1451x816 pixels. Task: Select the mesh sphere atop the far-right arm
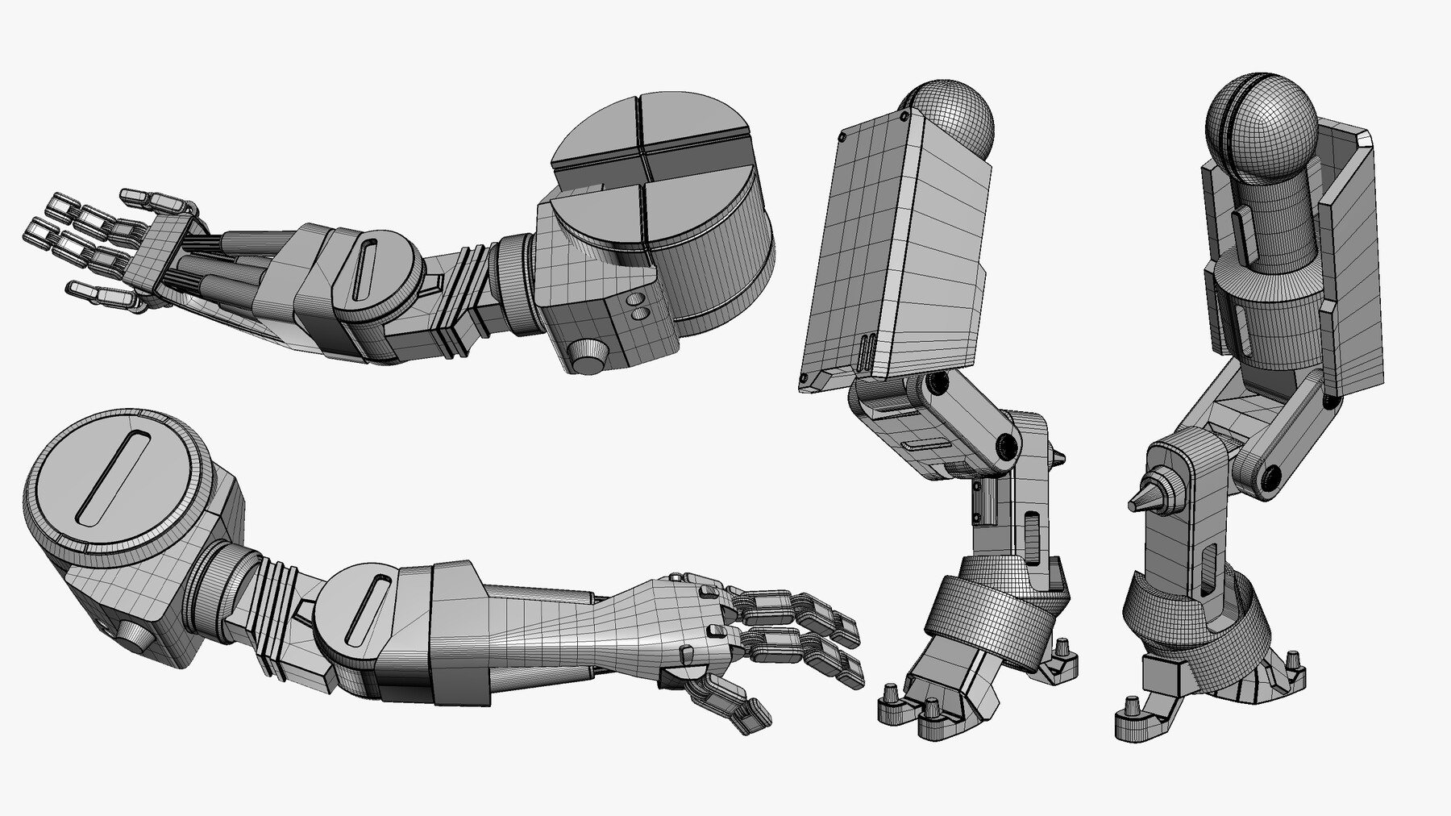point(1261,129)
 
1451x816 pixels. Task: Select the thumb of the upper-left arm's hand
point(105,294)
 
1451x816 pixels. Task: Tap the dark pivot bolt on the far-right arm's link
point(1271,477)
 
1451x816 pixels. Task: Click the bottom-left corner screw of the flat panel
point(804,379)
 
